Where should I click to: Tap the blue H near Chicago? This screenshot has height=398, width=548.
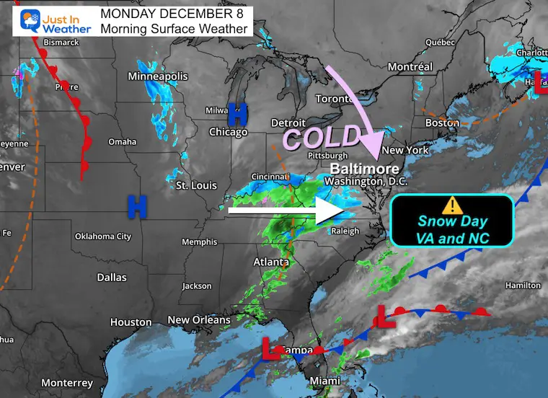point(237,113)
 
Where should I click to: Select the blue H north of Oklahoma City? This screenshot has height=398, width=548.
point(137,206)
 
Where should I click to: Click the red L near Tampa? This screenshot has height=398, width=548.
point(271,349)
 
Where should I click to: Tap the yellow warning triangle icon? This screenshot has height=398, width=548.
point(451,205)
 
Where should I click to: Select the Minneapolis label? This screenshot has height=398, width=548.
point(157,76)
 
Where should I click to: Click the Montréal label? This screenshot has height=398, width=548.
point(410,66)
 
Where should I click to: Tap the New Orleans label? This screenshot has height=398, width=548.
point(198,319)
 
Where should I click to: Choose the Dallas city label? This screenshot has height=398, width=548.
point(112,278)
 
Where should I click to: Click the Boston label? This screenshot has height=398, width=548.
point(442,123)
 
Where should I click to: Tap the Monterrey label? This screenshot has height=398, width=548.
point(67,383)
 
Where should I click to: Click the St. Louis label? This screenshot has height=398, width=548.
point(196,186)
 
